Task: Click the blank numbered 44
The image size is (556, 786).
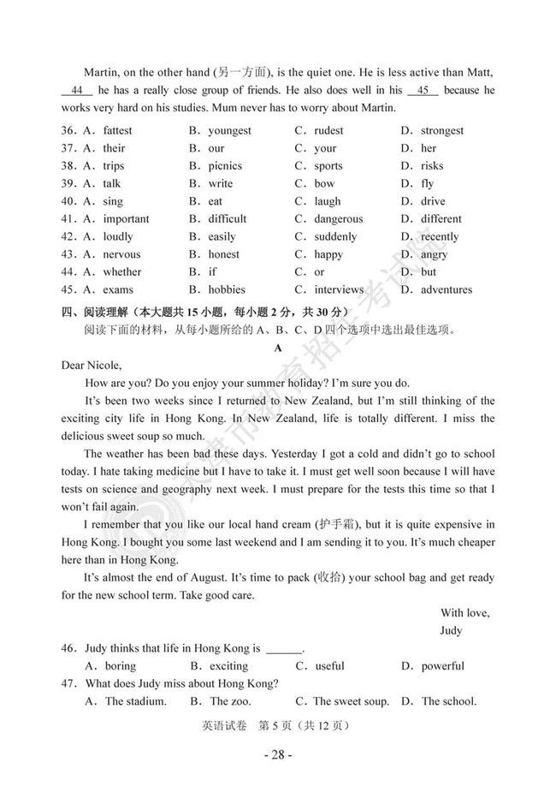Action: [77, 91]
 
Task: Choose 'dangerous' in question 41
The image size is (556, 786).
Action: [338, 219]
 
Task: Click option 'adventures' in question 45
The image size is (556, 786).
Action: [446, 289]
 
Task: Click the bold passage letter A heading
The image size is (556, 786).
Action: [277, 348]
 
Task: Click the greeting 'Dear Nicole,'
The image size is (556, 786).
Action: [92, 366]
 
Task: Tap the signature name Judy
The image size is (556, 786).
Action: [451, 630]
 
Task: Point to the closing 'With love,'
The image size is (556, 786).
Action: [464, 612]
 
